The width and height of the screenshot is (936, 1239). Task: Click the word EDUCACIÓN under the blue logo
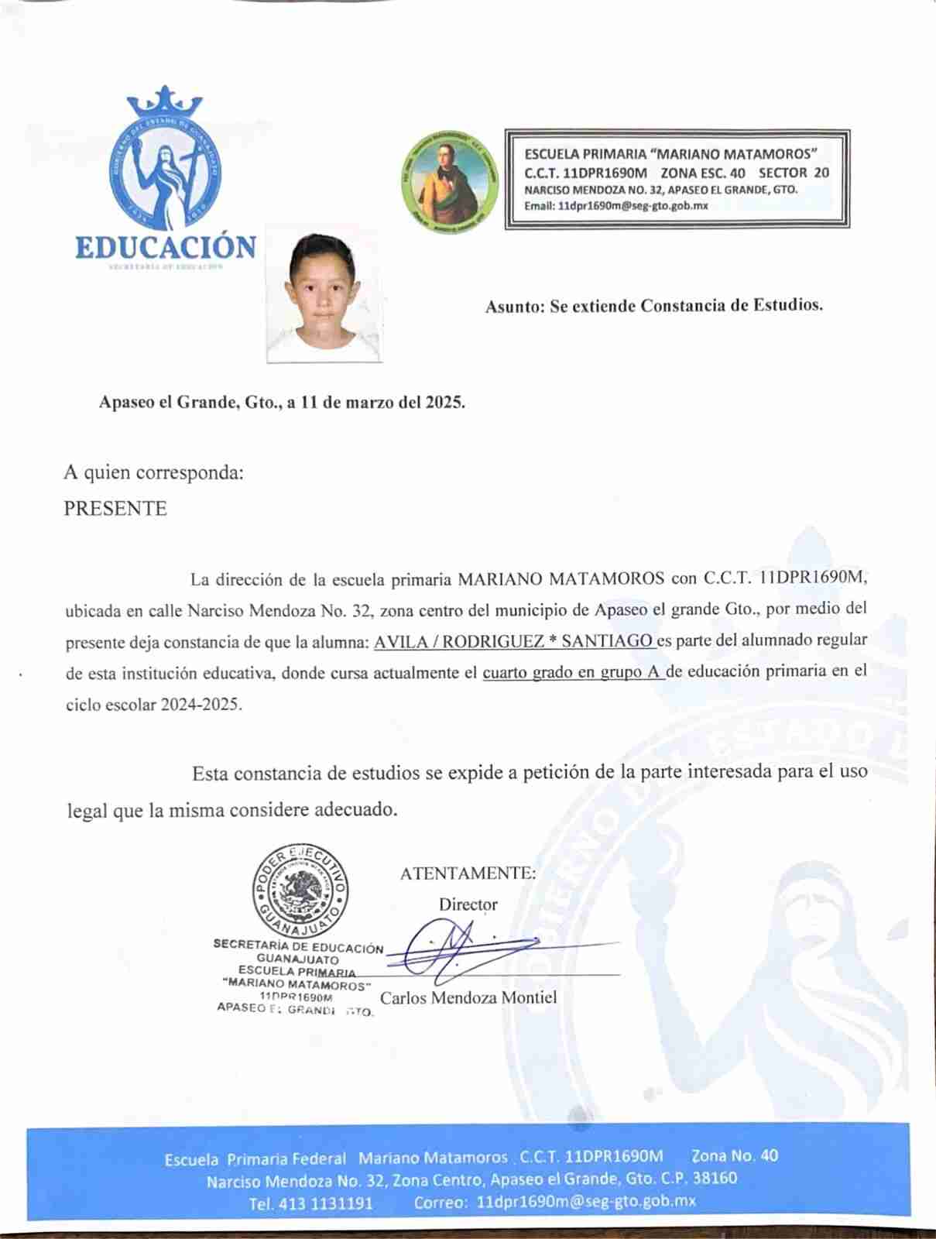tap(166, 247)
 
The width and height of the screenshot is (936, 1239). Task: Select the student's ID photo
tap(324, 294)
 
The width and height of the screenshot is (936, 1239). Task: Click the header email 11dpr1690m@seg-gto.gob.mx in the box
tap(615, 206)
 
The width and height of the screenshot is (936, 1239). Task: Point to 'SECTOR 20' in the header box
tap(794, 173)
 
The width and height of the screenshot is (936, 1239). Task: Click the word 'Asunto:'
tap(515, 307)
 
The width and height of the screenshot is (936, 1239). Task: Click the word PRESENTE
tap(115, 509)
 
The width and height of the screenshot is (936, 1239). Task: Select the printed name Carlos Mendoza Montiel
tap(468, 997)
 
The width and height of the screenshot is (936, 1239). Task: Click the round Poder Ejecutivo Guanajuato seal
tap(299, 891)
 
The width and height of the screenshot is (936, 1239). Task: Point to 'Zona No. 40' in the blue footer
tap(735, 1156)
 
